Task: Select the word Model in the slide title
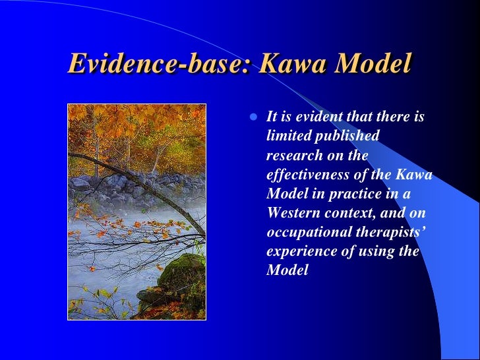(375, 63)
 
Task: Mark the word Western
(291, 212)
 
